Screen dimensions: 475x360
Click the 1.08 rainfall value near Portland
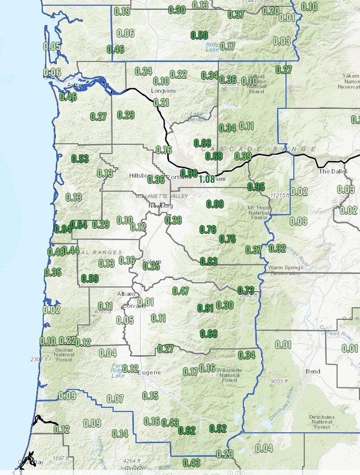(207, 179)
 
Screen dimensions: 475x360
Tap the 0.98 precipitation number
(189, 173)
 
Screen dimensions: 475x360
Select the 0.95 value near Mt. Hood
(256, 187)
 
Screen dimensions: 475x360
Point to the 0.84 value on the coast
(63, 229)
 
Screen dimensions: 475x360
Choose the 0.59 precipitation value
(90, 278)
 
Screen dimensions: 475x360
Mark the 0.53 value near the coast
(80, 159)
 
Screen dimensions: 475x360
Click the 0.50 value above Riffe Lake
(200, 35)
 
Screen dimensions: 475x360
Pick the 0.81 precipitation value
(206, 308)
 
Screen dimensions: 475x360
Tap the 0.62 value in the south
(187, 430)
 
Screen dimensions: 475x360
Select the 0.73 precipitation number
(245, 290)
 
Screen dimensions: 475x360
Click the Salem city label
(152, 261)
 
